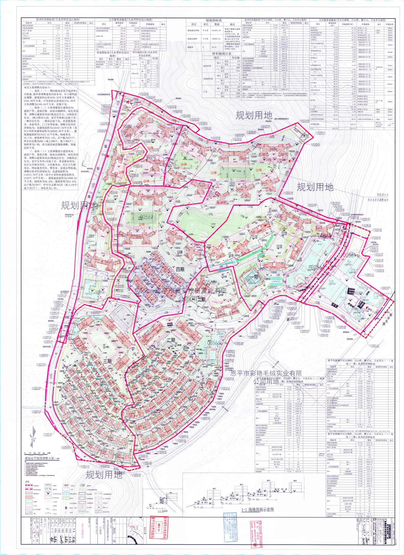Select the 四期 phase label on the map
click(180, 270)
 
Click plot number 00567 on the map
click(146, 217)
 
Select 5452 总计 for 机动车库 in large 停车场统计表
click(238, 71)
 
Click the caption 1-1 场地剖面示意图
click(257, 510)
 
